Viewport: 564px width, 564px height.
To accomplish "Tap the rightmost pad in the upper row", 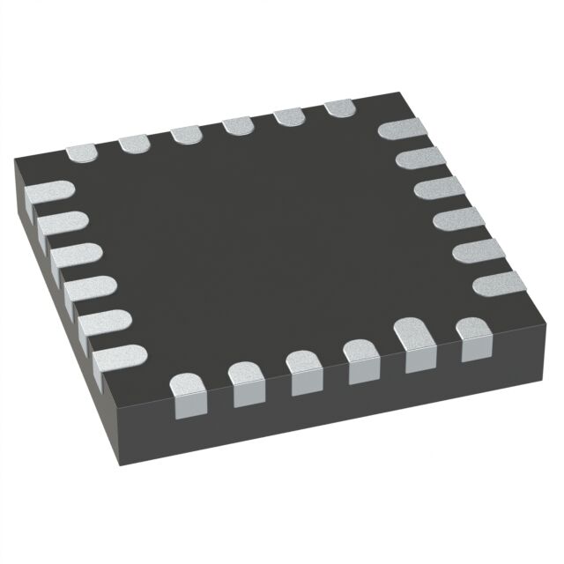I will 339,108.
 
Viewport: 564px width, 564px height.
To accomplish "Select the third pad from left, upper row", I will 187,134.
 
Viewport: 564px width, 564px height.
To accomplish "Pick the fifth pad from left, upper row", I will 288,116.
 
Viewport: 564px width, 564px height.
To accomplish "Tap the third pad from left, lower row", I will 304,368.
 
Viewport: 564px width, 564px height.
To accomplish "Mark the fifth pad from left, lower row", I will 417,346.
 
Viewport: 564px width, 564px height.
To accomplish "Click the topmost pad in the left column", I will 48,192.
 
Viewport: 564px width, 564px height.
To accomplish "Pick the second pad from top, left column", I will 62,224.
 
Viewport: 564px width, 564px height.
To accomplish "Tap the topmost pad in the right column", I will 403,129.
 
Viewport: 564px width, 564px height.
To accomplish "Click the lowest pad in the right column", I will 499,283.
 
